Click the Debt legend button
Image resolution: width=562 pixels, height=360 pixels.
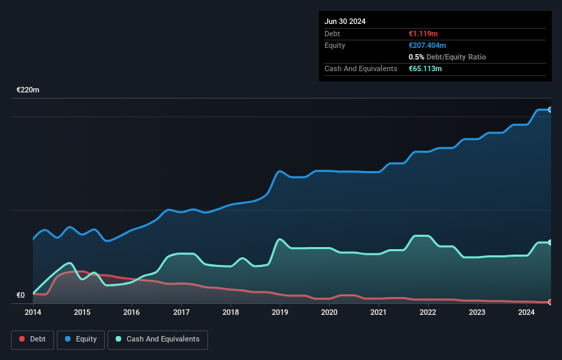click(31, 339)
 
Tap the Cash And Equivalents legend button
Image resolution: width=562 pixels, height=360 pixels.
click(157, 339)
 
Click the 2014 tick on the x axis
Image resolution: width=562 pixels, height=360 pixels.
click(33, 313)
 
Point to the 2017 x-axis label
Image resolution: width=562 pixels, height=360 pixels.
click(181, 313)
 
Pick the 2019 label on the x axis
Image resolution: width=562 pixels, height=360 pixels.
click(280, 313)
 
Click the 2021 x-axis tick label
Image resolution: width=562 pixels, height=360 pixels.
click(379, 313)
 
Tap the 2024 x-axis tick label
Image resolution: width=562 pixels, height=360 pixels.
click(526, 313)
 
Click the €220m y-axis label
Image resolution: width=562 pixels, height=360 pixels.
click(28, 90)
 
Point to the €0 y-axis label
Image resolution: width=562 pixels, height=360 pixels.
click(21, 296)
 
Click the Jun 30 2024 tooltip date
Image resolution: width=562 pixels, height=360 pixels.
click(345, 21)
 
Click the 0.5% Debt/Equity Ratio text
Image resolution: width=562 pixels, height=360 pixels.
click(447, 57)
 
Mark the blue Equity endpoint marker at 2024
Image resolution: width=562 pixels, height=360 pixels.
click(550, 110)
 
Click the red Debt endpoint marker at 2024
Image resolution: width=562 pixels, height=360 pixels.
click(550, 302)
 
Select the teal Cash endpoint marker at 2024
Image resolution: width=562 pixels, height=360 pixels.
click(550, 242)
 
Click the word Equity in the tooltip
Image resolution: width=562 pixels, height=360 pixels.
click(335, 45)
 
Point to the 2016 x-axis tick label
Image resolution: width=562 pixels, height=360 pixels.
click(131, 313)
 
